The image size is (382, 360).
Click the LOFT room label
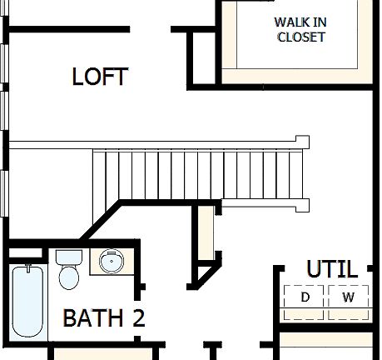click(100, 77)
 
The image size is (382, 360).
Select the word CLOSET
click(300, 37)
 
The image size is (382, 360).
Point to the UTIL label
click(331, 270)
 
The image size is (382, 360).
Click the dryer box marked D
click(305, 297)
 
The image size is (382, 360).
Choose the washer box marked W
click(348, 297)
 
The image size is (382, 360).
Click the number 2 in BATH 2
click(138, 318)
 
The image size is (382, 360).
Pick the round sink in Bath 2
click(110, 262)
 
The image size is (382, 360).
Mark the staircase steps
click(200, 175)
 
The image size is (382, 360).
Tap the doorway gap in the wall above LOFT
click(150, 30)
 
